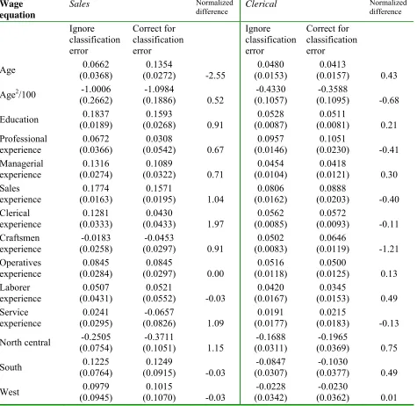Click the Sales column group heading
point(79,4)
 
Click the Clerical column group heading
point(261,4)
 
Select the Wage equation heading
point(18,10)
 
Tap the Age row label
point(8,70)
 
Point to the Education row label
point(19,120)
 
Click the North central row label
point(25,343)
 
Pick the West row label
point(10,392)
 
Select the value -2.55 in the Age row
point(215,76)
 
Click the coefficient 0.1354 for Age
point(159,64)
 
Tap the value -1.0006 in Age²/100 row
point(96,89)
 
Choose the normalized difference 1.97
point(215,224)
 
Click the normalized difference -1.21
point(389,249)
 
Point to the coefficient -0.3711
point(159,337)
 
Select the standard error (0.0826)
point(159,323)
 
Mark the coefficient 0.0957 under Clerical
point(270,139)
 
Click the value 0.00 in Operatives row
point(215,273)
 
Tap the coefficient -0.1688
point(270,337)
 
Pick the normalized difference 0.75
point(389,348)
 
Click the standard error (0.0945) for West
point(96,398)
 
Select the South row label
point(11,367)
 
